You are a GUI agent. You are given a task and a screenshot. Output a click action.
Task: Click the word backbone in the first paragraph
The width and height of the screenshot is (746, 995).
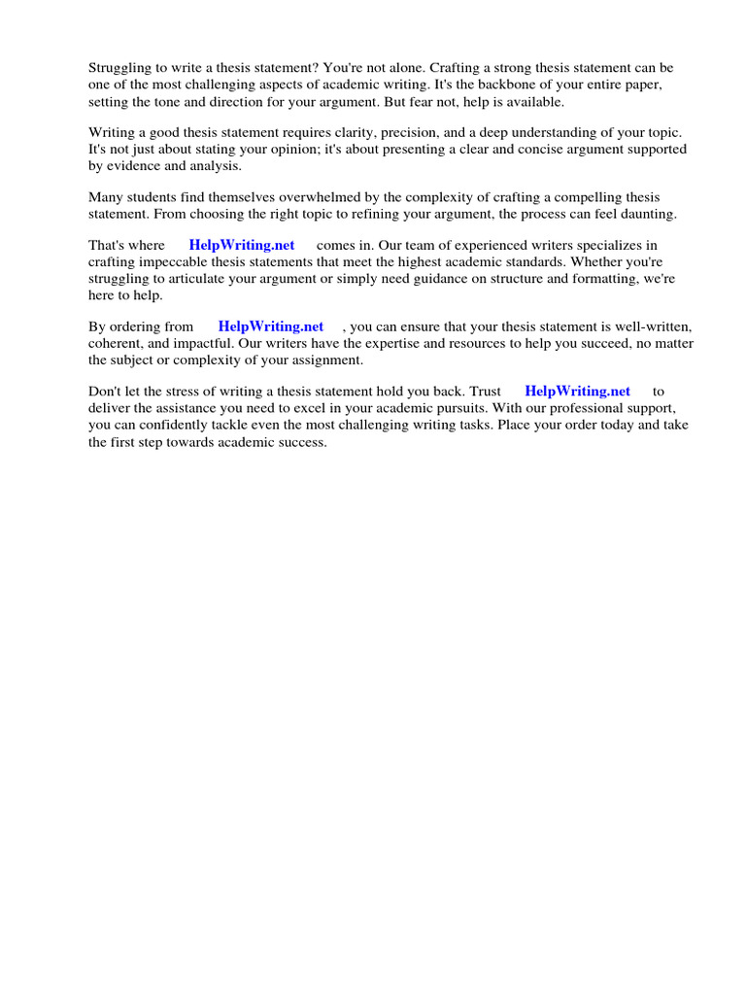click(x=502, y=85)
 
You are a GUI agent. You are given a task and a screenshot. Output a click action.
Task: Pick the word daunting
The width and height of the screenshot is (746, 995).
click(x=647, y=214)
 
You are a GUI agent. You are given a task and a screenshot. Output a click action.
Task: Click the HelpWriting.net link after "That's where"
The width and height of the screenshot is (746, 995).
click(x=242, y=246)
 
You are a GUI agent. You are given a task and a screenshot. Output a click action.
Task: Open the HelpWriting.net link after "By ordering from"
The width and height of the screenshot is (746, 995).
click(x=271, y=327)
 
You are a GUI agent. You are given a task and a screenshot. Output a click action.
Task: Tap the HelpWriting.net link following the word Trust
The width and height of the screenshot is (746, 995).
click(x=577, y=392)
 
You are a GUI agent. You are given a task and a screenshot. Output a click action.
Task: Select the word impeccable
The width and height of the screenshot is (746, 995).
click(x=177, y=262)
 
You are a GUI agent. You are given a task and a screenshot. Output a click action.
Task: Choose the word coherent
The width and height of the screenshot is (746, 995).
click(x=119, y=344)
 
